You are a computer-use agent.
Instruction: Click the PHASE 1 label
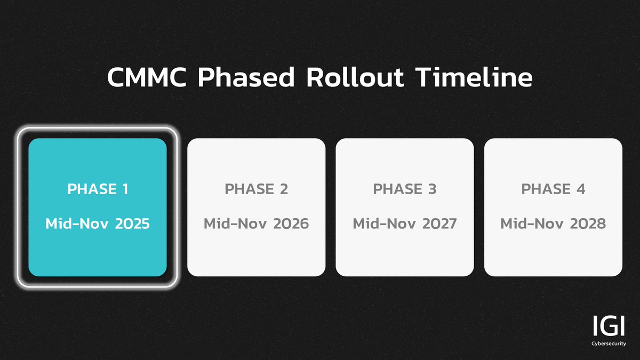98,189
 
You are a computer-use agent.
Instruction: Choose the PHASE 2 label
256,189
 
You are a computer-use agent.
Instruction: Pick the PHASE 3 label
404,189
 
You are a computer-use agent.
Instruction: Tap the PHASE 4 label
553,189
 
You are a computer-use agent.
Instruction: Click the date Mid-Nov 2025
98,223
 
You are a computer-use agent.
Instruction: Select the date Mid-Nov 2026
256,223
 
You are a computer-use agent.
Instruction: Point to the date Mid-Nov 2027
404,223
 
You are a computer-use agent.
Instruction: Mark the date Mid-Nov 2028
553,223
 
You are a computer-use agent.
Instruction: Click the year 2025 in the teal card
131,223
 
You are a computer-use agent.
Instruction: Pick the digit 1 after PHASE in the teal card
124,189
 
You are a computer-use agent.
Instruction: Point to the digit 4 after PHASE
580,189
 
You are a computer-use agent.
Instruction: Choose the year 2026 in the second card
290,223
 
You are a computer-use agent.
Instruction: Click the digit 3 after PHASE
431,189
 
